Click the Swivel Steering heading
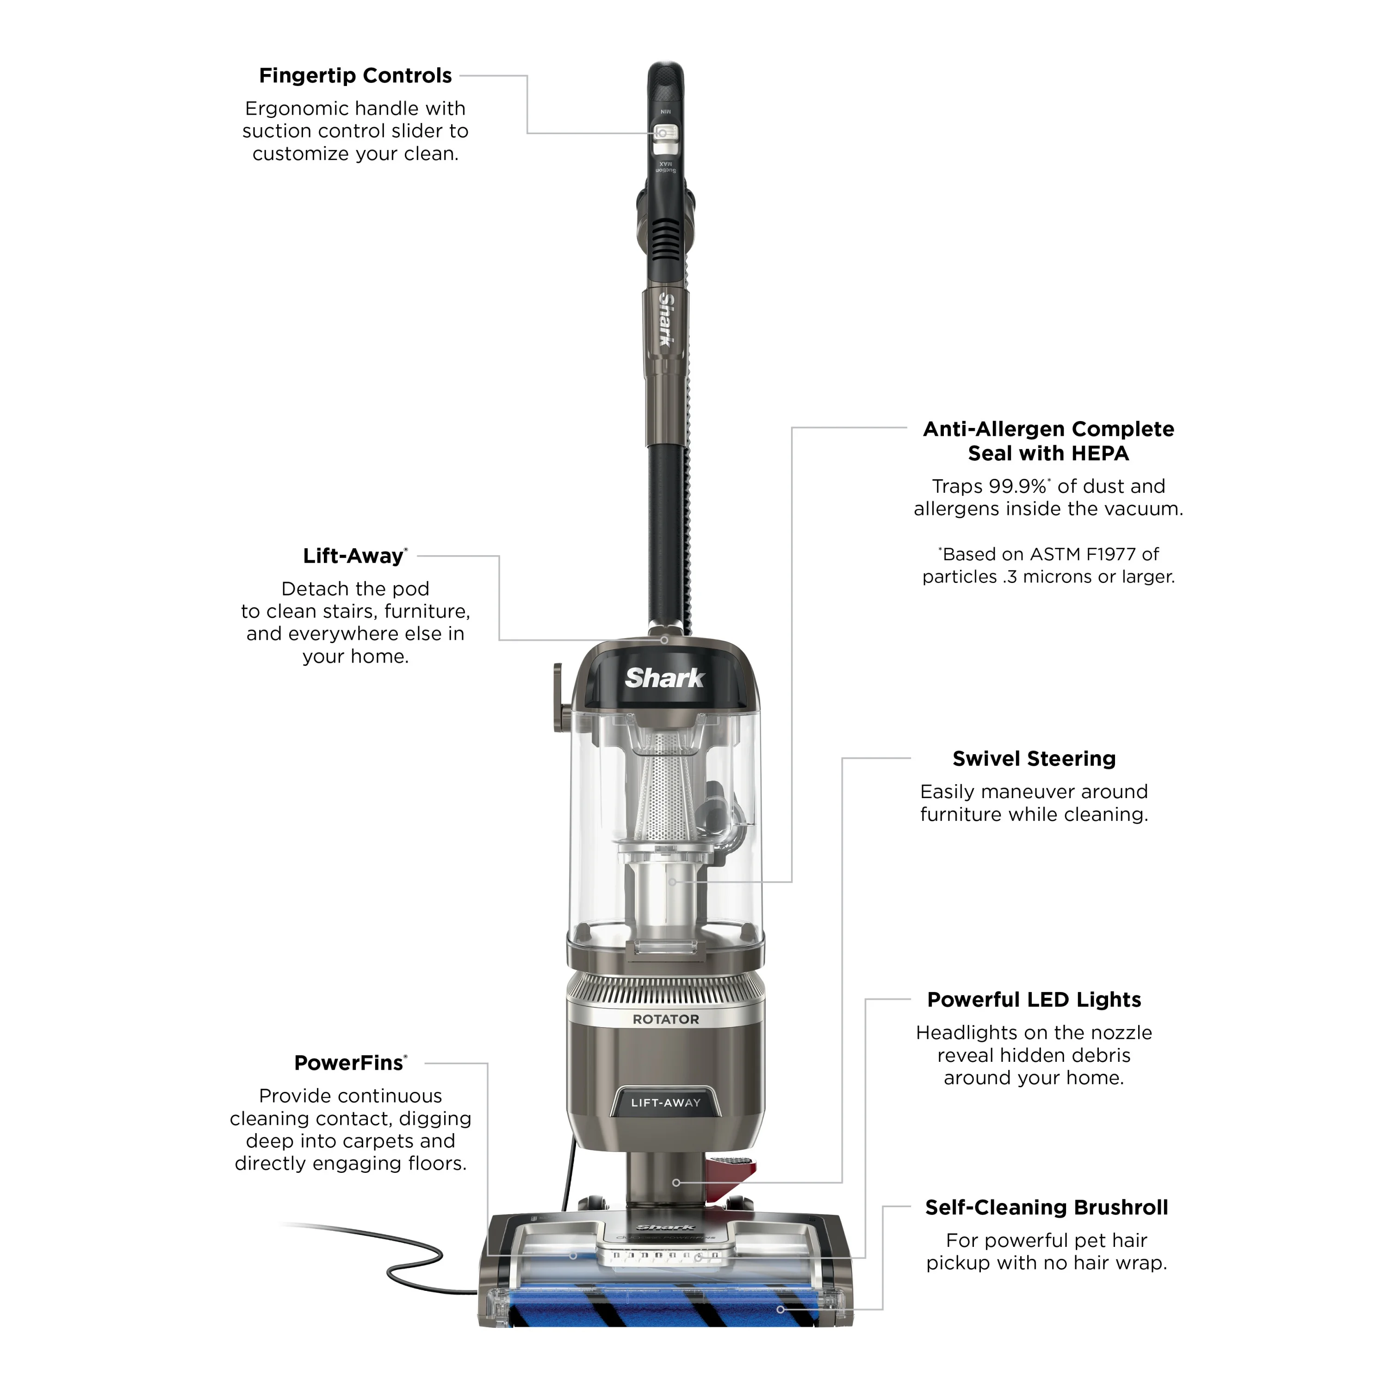click(x=1034, y=759)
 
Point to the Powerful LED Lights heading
click(x=1034, y=999)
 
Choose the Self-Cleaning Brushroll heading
click(x=1046, y=1207)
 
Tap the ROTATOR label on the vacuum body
click(x=665, y=1019)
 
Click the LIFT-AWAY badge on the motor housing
click(x=665, y=1103)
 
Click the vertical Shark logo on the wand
click(x=667, y=320)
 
